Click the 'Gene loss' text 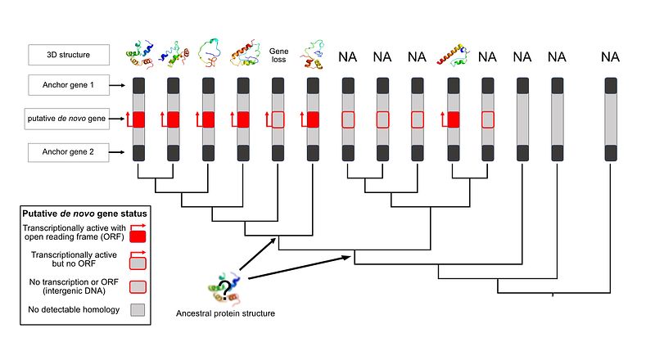(278, 55)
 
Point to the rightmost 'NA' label (610, 56)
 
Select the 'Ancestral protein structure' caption (224, 313)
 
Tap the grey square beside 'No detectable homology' (138, 309)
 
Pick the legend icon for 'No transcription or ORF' (138, 286)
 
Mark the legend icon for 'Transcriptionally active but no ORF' (138, 261)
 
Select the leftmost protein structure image (139, 55)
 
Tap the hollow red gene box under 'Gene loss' (278, 119)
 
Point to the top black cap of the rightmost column (610, 85)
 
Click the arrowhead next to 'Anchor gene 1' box (120, 84)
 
